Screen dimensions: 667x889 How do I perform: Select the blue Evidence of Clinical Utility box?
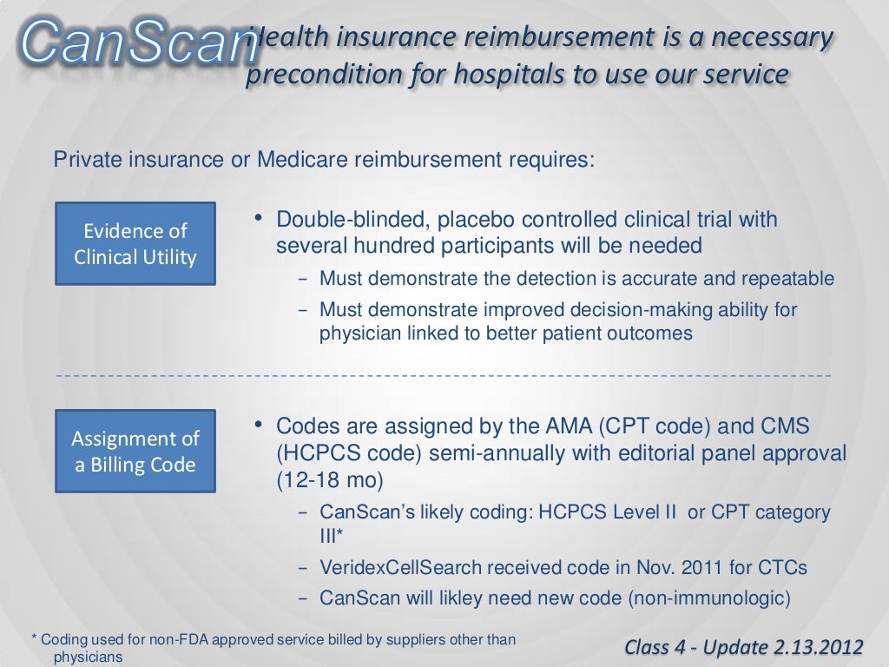135,244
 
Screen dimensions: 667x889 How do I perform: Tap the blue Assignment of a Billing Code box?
135,451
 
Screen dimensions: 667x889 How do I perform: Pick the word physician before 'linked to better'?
358,333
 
